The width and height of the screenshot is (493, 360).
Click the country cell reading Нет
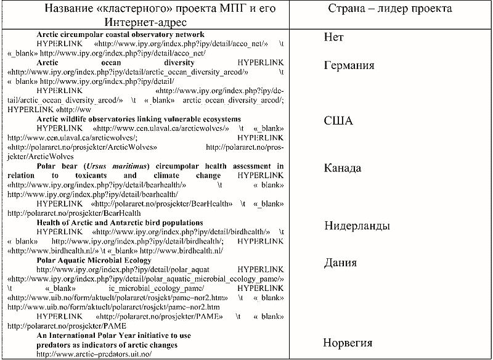pyautogui.click(x=333, y=38)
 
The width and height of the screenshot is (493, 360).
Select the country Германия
pyautogui.click(x=349, y=66)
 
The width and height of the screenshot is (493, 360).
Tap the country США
pyautogui.click(x=338, y=121)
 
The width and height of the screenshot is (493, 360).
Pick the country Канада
pyautogui.click(x=343, y=169)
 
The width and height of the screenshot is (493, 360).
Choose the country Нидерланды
pyautogui.click(x=357, y=226)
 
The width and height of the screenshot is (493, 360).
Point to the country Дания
pyautogui.click(x=340, y=263)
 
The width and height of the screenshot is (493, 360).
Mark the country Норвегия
pyautogui.click(x=348, y=343)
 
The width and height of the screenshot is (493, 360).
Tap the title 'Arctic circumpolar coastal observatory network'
pyautogui.click(x=121, y=35)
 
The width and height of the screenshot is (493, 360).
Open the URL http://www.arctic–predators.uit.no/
pyautogui.click(x=94, y=354)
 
